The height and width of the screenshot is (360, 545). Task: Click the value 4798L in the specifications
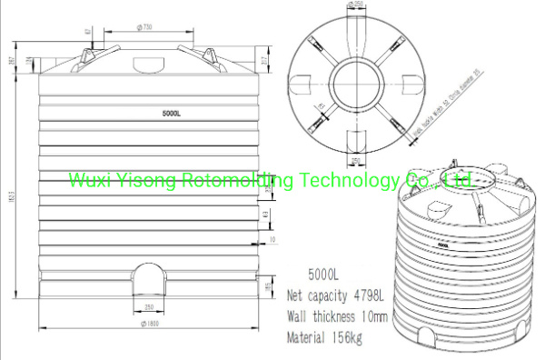coord(367,295)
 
